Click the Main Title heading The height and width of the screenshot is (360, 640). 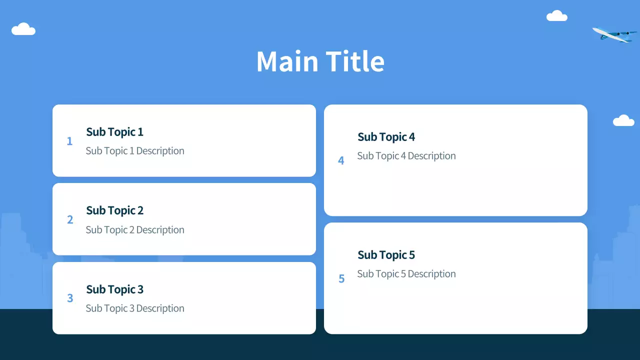pos(320,61)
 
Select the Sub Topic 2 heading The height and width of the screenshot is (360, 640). pos(114,211)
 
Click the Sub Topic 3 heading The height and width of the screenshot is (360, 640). pos(114,289)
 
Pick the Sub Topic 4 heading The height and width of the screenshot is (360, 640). pos(386,137)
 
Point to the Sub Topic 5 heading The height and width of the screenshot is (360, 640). pos(386,255)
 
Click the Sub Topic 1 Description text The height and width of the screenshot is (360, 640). pos(135,151)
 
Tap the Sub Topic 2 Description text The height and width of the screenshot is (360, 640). pos(135,229)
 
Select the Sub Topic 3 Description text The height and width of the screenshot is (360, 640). pos(135,308)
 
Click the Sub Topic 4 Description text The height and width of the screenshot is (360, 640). pos(406,156)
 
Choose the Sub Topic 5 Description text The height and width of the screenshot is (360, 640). pos(406,274)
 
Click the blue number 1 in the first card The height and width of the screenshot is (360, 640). pos(69,141)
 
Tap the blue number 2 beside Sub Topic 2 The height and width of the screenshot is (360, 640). pos(70,219)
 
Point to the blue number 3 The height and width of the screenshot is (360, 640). pos(70,298)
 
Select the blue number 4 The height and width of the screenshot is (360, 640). pos(341,160)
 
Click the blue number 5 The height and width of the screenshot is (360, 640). pos(341,278)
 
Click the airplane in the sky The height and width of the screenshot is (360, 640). pos(614,35)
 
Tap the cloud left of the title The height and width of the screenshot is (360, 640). pos(23,29)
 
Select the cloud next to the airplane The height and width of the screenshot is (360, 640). pos(557,15)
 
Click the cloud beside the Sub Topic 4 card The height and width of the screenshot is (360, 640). pos(623,120)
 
